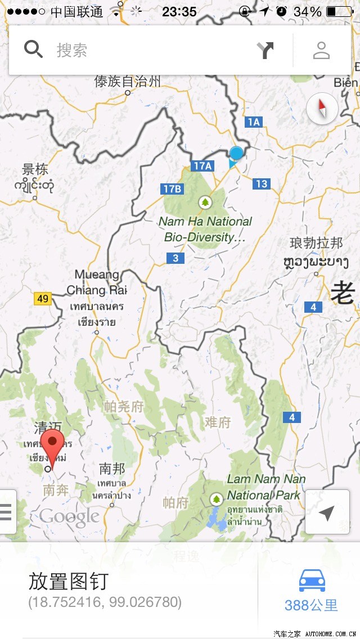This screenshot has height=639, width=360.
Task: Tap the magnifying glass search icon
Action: pos(34,50)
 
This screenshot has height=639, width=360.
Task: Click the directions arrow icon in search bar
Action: pos(265,51)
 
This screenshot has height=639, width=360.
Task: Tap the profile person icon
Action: pos(321,51)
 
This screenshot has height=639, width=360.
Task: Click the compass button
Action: pos(322,108)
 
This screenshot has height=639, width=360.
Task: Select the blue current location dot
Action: pos(236,153)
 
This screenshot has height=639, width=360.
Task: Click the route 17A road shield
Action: pos(202,165)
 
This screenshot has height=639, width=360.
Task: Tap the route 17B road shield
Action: pos(172,188)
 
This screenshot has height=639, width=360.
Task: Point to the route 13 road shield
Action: pos(262,183)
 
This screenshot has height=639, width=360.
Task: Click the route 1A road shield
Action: pos(254,121)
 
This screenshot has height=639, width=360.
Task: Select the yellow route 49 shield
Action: pos(43,298)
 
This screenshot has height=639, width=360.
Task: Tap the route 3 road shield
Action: pos(175,258)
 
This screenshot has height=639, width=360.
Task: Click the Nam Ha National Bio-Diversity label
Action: pos(205,229)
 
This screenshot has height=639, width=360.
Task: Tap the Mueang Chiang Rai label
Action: pos(97,282)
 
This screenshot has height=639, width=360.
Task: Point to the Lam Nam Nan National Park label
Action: pos(266,487)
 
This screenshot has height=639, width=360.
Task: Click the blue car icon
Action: pos(312,580)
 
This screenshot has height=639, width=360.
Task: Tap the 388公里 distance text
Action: pos(311,605)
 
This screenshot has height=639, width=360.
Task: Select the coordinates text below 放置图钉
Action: pos(105,602)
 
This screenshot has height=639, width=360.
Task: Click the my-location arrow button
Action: pos(327,512)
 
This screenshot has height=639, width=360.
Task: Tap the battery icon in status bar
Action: pos(339,12)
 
